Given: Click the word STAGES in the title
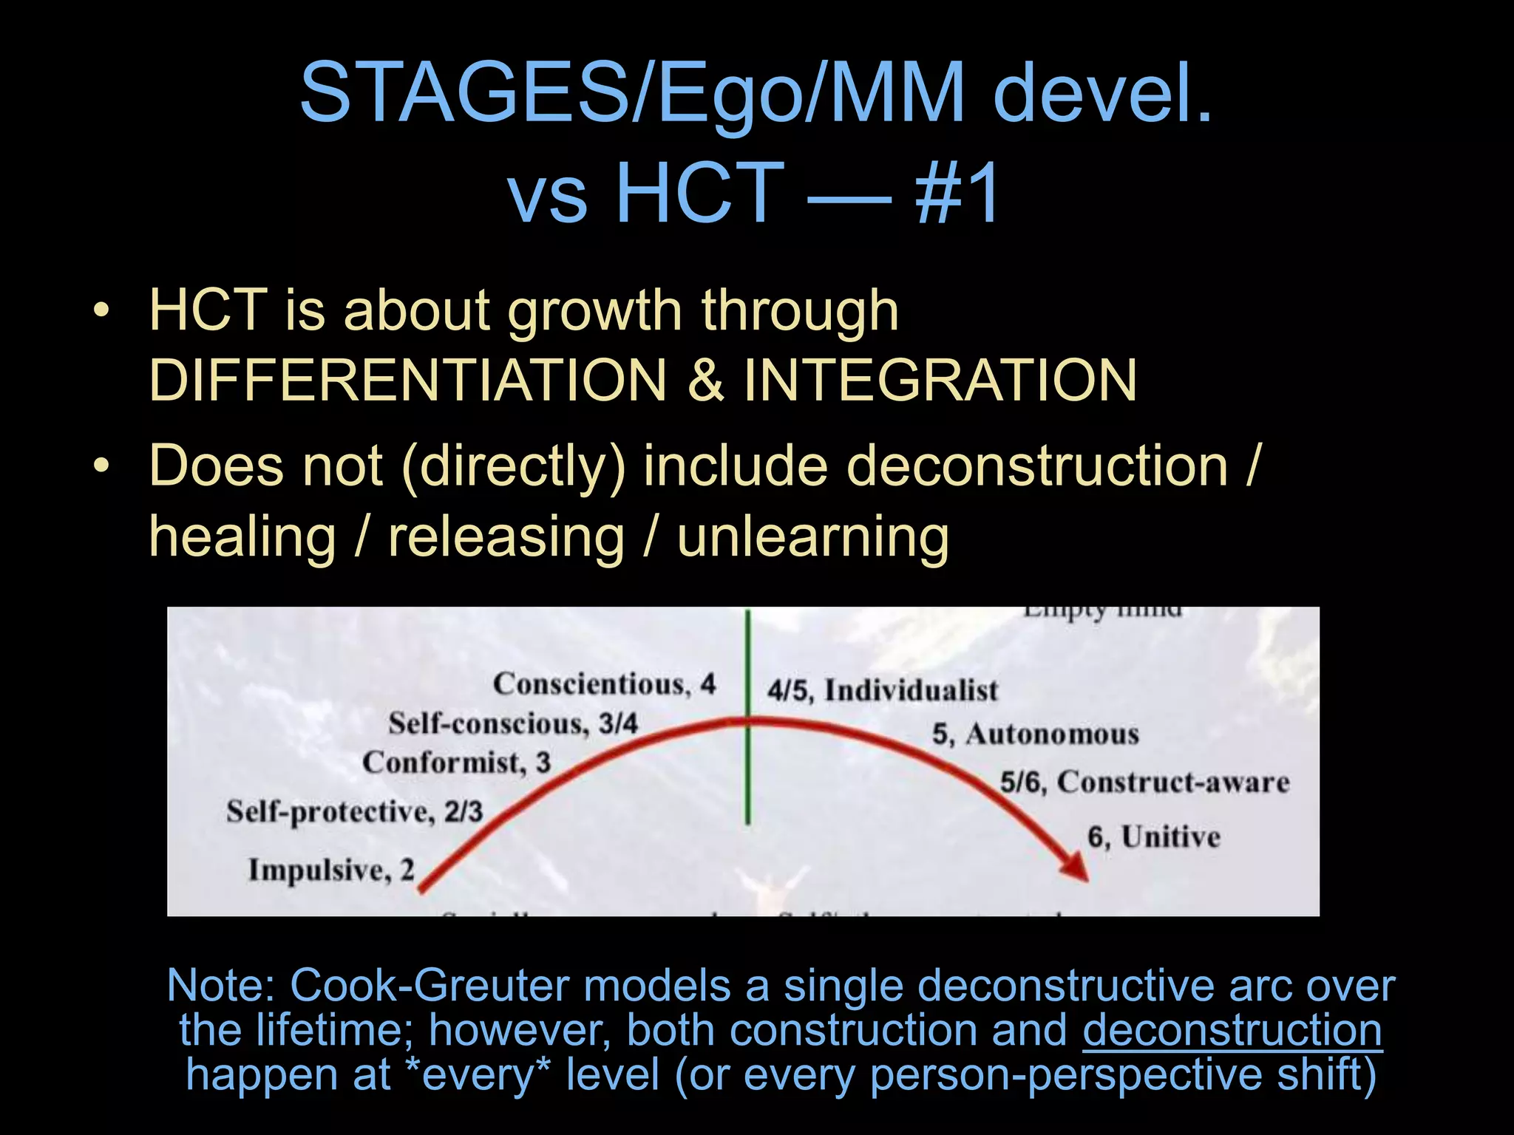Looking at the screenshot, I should (463, 94).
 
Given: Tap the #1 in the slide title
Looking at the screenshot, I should (957, 194).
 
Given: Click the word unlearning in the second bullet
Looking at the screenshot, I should (812, 537).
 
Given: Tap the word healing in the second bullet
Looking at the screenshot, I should (242, 537).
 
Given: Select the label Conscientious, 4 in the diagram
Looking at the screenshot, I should (604, 684).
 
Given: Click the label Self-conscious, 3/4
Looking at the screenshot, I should (512, 723).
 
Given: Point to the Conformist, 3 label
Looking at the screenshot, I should (456, 763).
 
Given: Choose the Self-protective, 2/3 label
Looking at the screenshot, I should (354, 811).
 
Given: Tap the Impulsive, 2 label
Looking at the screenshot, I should (330, 870).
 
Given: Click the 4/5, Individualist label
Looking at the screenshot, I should (882, 690).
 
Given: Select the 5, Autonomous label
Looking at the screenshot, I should (1035, 734).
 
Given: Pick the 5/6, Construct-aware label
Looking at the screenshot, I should (1144, 782).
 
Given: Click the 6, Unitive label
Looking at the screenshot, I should (1153, 837).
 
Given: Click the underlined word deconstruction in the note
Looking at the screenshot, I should (1232, 1030).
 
